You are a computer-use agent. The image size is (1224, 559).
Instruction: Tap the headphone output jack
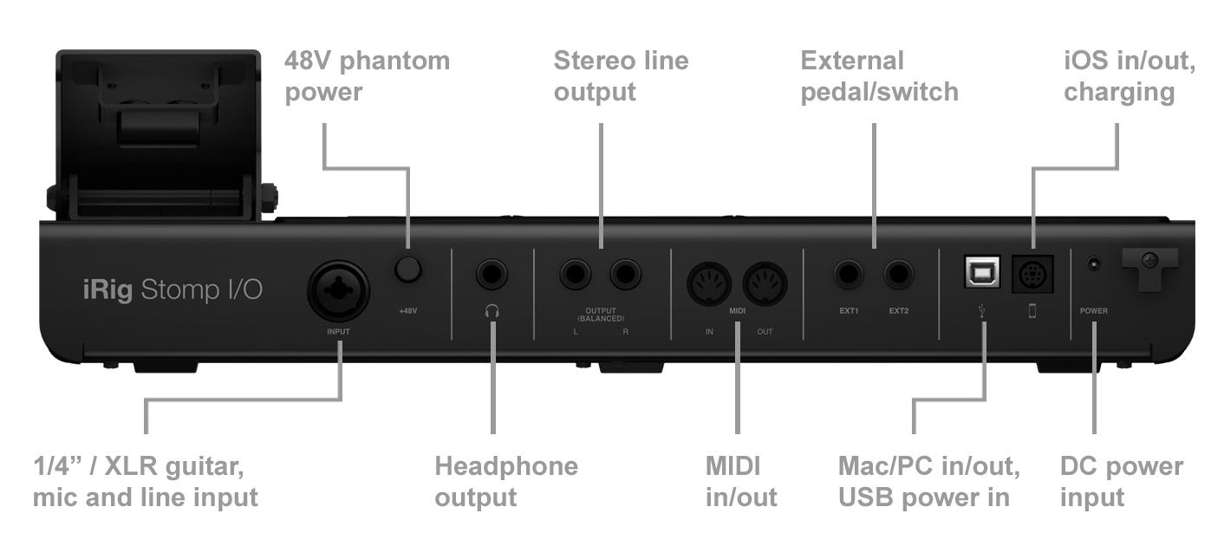tap(492, 276)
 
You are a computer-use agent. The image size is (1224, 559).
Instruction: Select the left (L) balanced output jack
tap(576, 276)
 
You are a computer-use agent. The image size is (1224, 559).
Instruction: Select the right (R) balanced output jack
tap(625, 276)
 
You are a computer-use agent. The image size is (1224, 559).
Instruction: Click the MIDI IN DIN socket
tap(709, 283)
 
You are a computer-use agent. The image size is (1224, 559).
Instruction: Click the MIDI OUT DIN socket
tap(765, 283)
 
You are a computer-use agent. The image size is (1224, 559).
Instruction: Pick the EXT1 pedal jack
tap(849, 276)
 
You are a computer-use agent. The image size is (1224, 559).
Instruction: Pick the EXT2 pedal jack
tap(899, 276)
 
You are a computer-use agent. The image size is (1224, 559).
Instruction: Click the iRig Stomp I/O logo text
tap(173, 289)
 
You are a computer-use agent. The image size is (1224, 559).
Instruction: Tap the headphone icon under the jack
tap(492, 311)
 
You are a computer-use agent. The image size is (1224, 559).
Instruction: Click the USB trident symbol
tap(981, 310)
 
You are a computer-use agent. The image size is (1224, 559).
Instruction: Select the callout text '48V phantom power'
tap(367, 76)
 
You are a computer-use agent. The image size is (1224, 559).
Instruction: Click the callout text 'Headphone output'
tap(505, 481)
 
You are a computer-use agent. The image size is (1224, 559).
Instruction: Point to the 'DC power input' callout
tap(1121, 481)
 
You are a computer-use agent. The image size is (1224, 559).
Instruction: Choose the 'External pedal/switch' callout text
tap(879, 76)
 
